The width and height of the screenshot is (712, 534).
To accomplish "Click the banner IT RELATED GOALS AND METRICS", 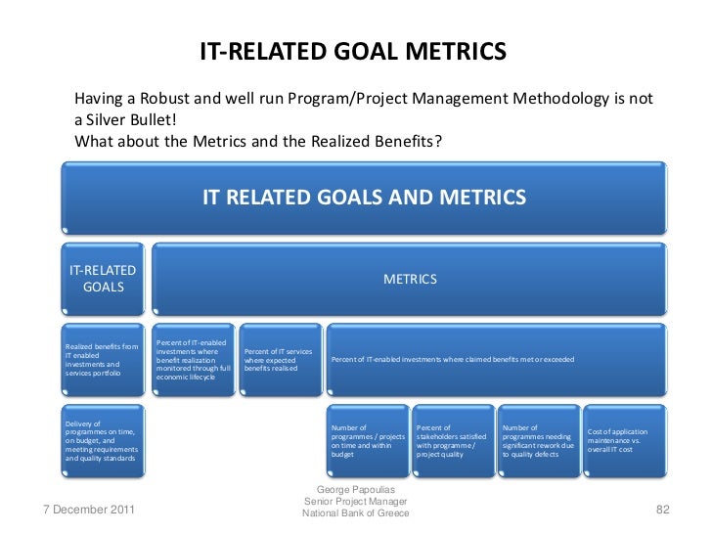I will (x=364, y=197).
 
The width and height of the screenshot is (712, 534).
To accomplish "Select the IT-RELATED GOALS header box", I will (x=102, y=279).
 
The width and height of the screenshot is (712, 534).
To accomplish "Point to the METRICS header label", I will (x=410, y=279).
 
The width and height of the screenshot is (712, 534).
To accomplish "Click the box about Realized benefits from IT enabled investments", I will (x=103, y=360).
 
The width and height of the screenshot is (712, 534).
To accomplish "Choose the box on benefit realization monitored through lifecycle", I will (x=194, y=360).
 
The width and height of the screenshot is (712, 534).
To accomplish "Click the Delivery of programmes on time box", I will (x=103, y=440).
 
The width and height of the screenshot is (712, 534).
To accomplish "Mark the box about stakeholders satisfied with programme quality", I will (x=452, y=440).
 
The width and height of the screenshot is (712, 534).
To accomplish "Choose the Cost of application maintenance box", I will (x=622, y=440).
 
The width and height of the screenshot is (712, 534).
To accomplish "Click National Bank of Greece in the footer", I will (x=355, y=514).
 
